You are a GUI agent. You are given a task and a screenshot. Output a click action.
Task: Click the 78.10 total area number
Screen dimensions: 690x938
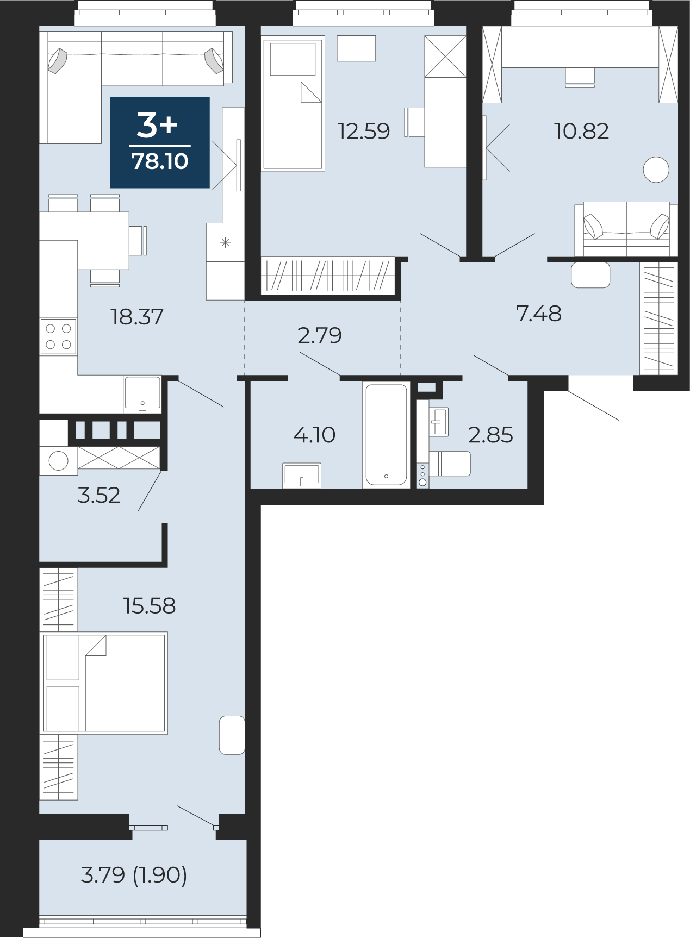(x=160, y=161)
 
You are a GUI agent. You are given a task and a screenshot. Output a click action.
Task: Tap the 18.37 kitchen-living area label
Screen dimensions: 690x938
(x=137, y=317)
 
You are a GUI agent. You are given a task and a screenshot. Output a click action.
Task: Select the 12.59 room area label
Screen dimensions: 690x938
(x=364, y=132)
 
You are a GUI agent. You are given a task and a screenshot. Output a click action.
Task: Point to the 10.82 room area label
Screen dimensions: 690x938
(x=581, y=132)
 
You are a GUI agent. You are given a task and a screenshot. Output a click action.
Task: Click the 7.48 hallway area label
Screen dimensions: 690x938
(x=538, y=314)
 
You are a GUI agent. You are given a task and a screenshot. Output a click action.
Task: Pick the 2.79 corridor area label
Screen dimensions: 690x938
(x=320, y=335)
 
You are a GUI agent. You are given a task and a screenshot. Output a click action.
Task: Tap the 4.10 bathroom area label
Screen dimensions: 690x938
(x=314, y=435)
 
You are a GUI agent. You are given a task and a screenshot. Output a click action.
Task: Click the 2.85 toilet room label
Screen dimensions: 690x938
(x=490, y=435)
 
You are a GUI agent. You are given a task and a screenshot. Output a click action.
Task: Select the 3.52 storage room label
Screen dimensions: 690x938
(x=99, y=496)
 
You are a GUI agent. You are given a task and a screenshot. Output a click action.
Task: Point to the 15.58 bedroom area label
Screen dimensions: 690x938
(x=150, y=606)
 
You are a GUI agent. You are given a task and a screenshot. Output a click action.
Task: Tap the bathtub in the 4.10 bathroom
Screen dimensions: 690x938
(x=386, y=435)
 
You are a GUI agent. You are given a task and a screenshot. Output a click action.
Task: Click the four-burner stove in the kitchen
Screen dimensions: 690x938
(x=58, y=336)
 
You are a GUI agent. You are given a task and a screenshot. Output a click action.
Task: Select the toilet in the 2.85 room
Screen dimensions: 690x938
(x=450, y=464)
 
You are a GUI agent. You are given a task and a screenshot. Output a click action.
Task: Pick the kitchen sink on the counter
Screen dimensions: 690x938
(x=142, y=392)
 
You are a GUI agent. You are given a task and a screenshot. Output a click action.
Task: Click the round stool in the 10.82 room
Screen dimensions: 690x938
(x=656, y=170)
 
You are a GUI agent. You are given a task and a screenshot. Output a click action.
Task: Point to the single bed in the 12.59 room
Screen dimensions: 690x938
(x=293, y=104)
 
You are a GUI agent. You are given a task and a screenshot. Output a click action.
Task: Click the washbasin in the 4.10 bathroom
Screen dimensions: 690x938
(x=302, y=476)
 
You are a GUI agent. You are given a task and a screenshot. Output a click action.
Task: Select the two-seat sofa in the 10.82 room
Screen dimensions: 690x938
(x=626, y=229)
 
